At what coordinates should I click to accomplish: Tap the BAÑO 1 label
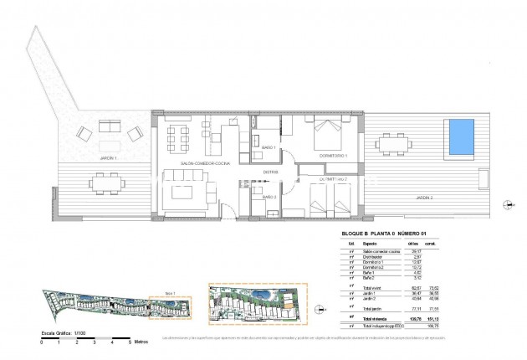tap(269, 147)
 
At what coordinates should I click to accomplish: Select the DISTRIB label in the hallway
tap(270, 172)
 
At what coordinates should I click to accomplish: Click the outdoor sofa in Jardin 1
tap(111, 127)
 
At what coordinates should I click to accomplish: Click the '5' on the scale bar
tap(130, 342)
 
